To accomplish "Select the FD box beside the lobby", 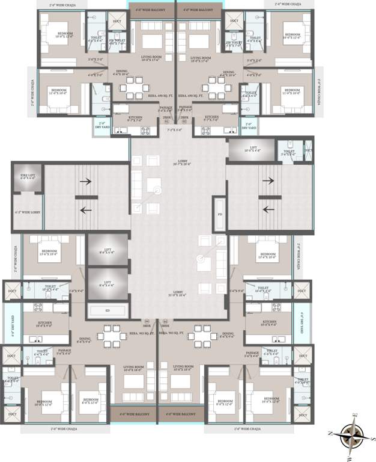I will click(x=220, y=214).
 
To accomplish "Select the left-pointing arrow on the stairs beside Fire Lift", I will click(x=87, y=209).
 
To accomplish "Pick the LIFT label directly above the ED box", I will click(x=109, y=283).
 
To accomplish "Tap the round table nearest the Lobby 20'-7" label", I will click(x=157, y=191).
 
